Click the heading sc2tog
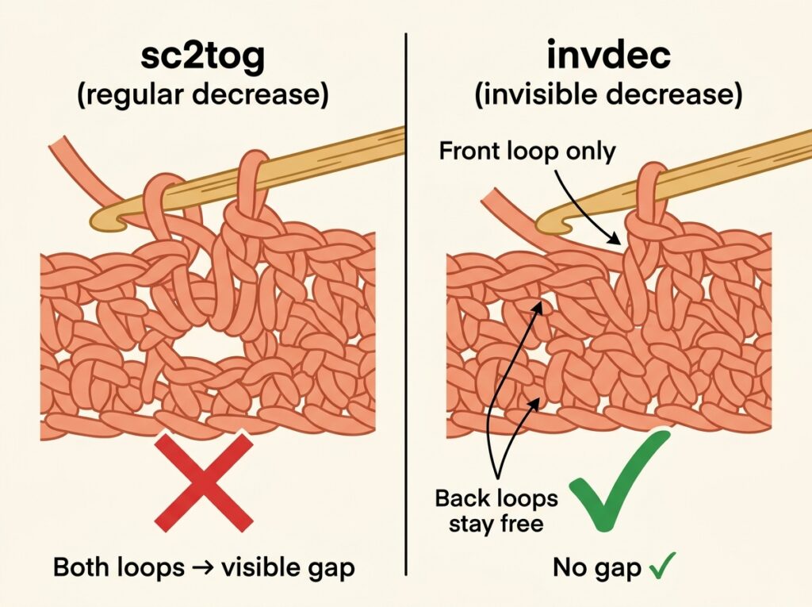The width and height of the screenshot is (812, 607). point(202,58)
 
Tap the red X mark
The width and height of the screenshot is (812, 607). point(204,482)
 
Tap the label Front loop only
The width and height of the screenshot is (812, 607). point(527,152)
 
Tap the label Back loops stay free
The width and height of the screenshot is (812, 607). point(496,511)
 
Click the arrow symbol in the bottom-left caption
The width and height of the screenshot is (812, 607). point(203,568)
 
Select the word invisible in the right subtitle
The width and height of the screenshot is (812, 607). point(538,94)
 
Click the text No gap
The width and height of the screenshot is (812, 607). point(597,568)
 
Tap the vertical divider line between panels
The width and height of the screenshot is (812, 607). point(406,304)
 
